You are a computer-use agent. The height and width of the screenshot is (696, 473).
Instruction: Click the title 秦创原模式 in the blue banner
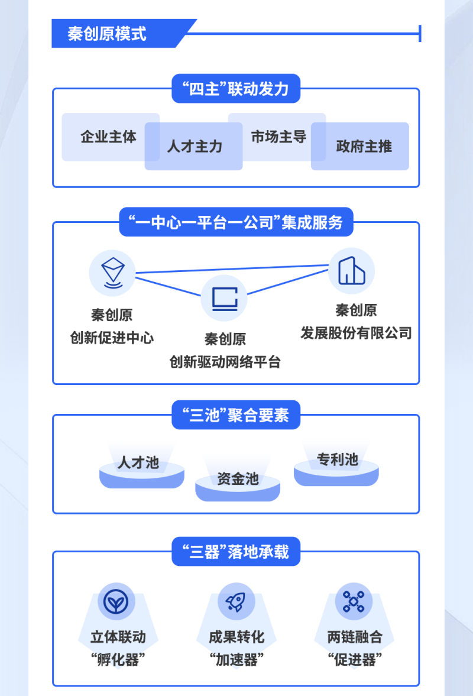[x=106, y=34]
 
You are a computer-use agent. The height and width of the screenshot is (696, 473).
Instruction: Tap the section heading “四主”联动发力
[x=236, y=89]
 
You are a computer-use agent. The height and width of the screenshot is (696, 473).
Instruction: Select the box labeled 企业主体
[x=111, y=137]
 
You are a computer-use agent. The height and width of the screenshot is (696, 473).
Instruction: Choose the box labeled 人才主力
[x=193, y=146]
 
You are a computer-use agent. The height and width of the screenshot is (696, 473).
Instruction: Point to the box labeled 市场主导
[x=277, y=137]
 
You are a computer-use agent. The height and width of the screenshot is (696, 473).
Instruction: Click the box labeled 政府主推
[x=360, y=146]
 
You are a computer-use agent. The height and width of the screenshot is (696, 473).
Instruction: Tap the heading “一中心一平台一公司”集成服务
[x=236, y=222]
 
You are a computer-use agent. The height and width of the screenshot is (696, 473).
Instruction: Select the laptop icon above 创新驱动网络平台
[x=224, y=298]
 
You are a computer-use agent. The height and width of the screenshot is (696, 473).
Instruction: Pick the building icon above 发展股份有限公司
[x=351, y=271]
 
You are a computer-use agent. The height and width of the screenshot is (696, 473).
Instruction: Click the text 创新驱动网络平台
[x=225, y=362]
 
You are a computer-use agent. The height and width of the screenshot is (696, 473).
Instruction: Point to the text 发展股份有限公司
[x=357, y=332]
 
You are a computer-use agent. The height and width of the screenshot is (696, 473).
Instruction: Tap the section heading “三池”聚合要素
[x=236, y=415]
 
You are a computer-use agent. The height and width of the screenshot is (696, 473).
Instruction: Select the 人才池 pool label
[x=138, y=462]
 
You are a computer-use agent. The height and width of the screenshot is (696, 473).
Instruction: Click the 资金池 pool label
[x=238, y=478]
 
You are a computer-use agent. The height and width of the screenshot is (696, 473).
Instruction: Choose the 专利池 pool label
[x=337, y=459]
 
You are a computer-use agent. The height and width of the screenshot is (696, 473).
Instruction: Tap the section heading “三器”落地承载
[x=236, y=552]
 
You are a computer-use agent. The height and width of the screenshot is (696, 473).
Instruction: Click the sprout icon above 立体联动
[x=116, y=602]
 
